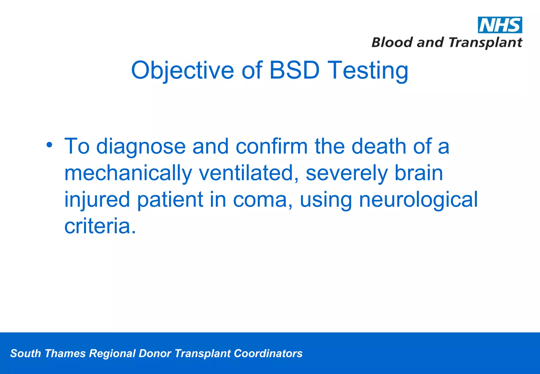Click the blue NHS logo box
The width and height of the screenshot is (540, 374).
(500, 25)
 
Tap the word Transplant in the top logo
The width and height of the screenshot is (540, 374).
(485, 42)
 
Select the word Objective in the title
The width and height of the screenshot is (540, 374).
(182, 70)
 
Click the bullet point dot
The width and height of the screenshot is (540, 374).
(49, 145)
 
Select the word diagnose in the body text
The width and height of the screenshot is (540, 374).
(141, 147)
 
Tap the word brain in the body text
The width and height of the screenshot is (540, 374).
(419, 173)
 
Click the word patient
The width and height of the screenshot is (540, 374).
(170, 200)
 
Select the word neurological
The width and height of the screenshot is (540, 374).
(418, 200)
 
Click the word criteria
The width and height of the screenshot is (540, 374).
(100, 226)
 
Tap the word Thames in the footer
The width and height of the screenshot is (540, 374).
(65, 353)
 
